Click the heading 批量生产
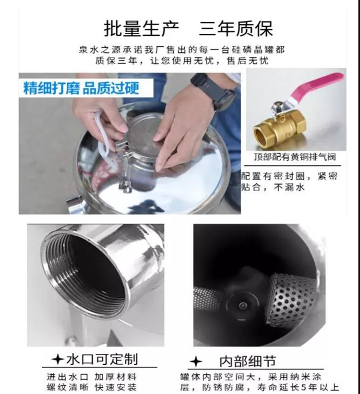click(141, 28)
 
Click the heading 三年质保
click(236, 28)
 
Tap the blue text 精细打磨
click(51, 88)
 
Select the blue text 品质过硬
click(111, 88)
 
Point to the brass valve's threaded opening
click(260, 136)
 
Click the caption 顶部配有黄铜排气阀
click(295, 157)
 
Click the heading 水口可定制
click(102, 359)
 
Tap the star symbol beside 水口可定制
click(58, 360)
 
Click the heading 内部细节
click(247, 361)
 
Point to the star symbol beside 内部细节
click(196, 362)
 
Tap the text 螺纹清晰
click(67, 387)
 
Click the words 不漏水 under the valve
click(289, 187)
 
